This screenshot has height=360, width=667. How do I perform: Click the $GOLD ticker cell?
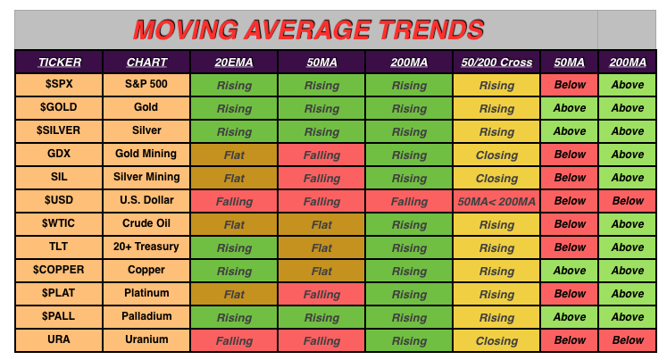(x=59, y=108)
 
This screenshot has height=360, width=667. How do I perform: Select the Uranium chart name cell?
(x=146, y=340)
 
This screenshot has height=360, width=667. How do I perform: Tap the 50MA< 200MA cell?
(x=496, y=201)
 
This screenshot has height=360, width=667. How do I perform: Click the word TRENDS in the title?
(x=431, y=29)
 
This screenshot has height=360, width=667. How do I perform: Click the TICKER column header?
(x=60, y=63)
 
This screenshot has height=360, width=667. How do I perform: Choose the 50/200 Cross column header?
(x=496, y=63)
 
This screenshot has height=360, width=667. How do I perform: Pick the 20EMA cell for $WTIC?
(x=234, y=224)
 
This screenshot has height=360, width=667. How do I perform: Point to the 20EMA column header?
(x=234, y=63)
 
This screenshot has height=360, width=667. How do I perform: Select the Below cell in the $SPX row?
(x=570, y=85)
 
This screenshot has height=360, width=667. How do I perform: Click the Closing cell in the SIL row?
(x=496, y=178)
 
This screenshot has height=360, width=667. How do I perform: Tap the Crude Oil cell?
(x=146, y=224)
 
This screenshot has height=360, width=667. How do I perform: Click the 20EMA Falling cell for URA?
(x=234, y=340)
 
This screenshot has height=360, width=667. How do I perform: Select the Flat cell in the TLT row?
(x=321, y=247)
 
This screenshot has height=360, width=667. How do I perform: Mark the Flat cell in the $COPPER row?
(x=321, y=271)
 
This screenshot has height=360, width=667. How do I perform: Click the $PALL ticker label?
(x=59, y=316)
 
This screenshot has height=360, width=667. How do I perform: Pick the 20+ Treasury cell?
(x=146, y=247)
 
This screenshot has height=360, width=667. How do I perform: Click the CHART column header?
(x=146, y=63)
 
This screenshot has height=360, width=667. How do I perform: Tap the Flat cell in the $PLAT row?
(x=234, y=294)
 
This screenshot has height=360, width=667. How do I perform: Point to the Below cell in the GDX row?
(x=570, y=155)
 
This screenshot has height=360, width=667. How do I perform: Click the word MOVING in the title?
(x=186, y=29)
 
